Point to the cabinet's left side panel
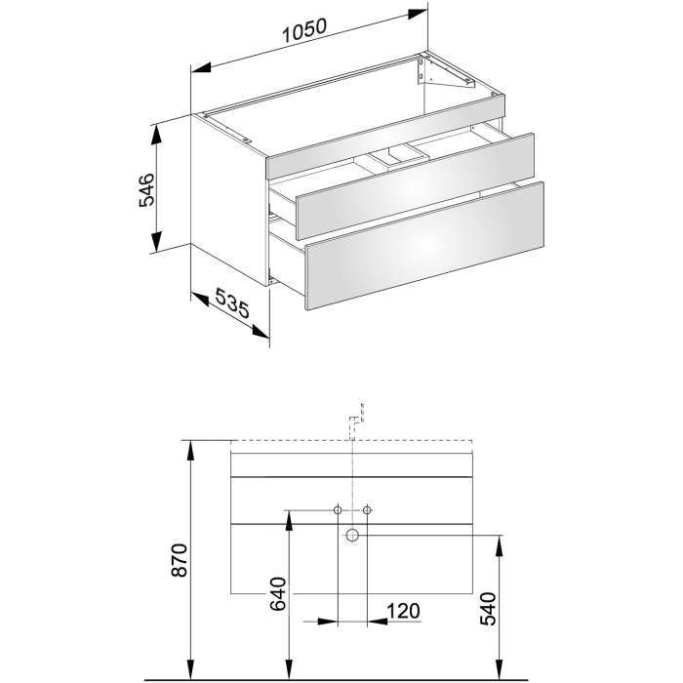(x=229, y=190)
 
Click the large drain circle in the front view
(x=352, y=535)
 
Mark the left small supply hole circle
(x=338, y=509)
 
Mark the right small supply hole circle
(x=368, y=509)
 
